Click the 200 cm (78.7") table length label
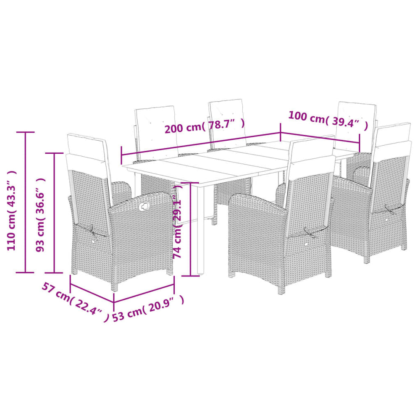tap(205, 126)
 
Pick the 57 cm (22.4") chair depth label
tap(76, 302)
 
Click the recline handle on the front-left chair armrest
tap(145, 206)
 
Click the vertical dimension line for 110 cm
tap(26, 202)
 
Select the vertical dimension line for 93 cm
tap(54, 213)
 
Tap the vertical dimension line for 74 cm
tap(190, 229)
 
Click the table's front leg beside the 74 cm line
tap(200, 229)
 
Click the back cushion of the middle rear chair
tap(227, 123)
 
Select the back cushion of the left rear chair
tap(157, 133)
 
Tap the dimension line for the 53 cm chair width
tap(144, 293)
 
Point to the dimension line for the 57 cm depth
tap(92, 292)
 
